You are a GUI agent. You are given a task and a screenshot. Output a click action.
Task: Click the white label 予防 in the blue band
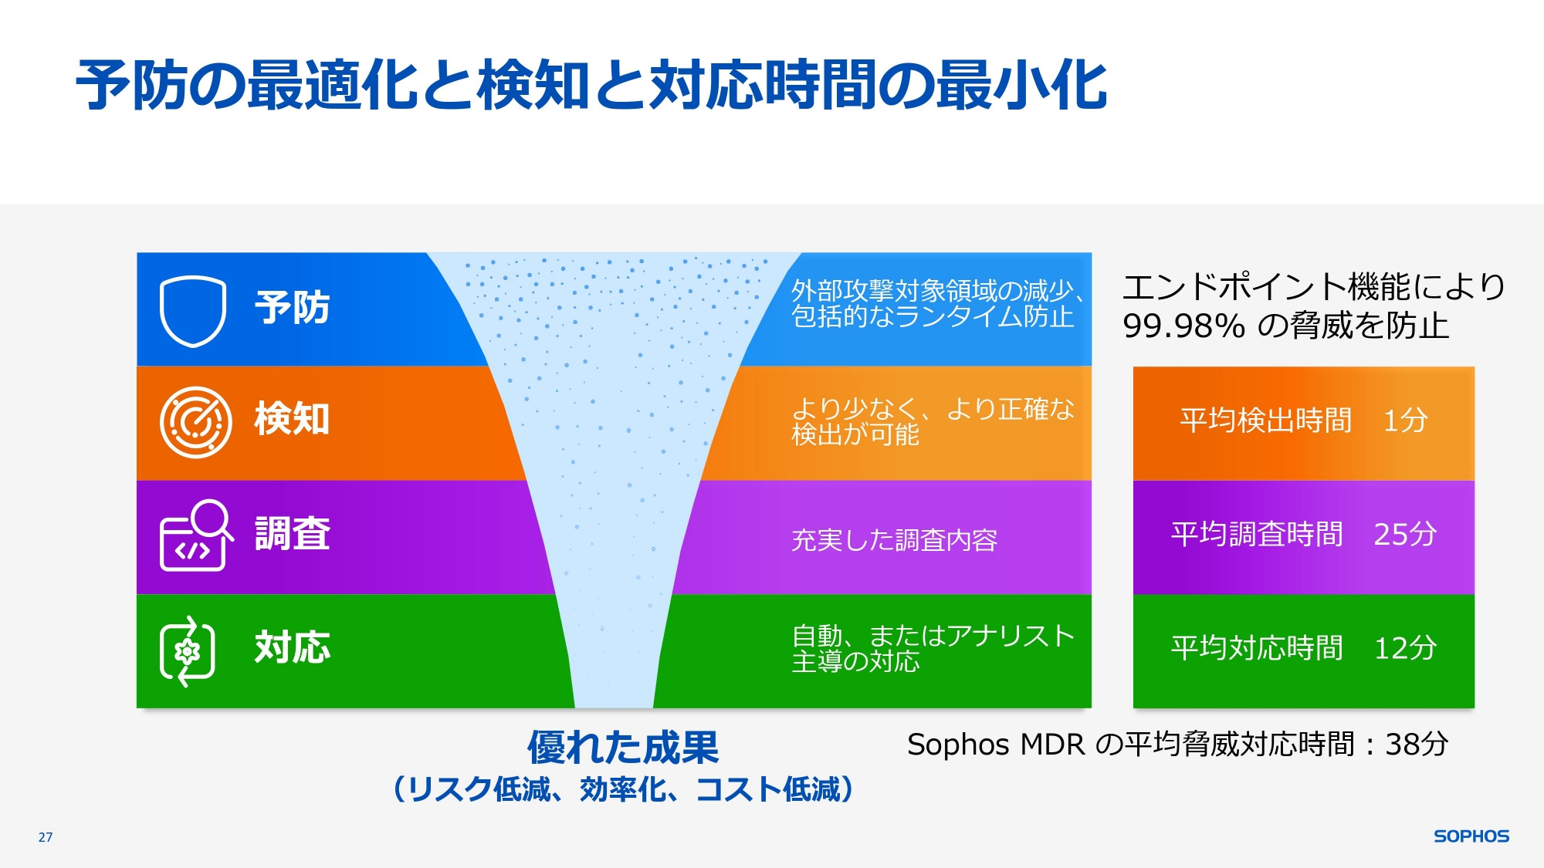click(293, 308)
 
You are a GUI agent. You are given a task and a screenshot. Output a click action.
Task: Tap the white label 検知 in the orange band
click(293, 419)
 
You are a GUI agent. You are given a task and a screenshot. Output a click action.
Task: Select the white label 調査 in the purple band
click(293, 533)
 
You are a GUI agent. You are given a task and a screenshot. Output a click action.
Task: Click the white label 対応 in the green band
click(293, 647)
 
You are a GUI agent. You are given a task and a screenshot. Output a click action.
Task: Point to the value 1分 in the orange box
click(1405, 420)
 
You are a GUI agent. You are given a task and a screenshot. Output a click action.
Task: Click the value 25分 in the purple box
click(1405, 534)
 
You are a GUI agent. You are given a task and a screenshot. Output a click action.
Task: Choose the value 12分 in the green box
click(1405, 648)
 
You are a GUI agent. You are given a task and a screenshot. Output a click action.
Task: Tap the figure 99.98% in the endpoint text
click(1183, 326)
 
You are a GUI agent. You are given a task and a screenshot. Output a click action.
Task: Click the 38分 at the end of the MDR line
click(1417, 745)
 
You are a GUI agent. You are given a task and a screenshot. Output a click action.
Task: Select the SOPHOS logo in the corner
click(1471, 836)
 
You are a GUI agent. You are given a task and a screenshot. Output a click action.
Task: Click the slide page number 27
click(46, 837)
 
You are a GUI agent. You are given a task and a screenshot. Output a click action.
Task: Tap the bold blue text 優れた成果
click(623, 747)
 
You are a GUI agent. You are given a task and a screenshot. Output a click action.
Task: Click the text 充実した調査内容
click(895, 540)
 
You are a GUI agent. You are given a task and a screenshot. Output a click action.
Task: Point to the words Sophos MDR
click(997, 745)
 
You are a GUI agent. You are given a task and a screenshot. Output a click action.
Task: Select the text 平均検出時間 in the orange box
click(1266, 420)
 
